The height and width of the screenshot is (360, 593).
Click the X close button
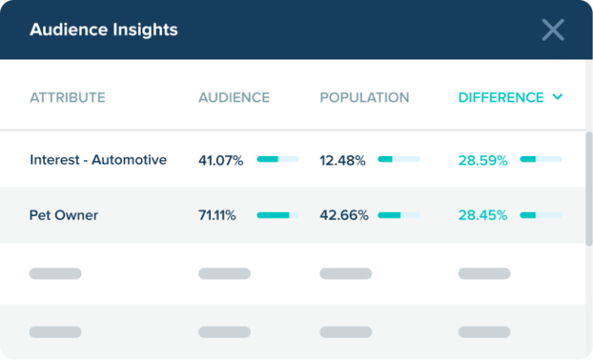(553, 30)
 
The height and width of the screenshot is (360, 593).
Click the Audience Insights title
(103, 30)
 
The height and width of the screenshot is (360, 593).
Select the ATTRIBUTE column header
(68, 97)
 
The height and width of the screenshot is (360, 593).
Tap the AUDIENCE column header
(234, 97)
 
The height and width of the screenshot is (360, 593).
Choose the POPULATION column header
(364, 97)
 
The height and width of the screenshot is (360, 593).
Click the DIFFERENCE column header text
(501, 97)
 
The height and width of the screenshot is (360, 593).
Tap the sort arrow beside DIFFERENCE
(557, 97)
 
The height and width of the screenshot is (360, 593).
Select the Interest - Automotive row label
(98, 159)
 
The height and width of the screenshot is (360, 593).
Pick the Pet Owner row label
(64, 215)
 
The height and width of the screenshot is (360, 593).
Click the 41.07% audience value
(220, 159)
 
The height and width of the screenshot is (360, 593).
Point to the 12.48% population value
(342, 159)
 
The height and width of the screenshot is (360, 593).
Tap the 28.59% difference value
(483, 159)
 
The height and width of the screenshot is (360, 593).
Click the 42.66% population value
(343, 215)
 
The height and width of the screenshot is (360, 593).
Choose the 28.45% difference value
(483, 215)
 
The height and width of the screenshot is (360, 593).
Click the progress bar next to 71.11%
(278, 215)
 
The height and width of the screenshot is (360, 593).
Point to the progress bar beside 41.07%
(278, 159)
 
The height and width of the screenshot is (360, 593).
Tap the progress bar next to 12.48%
(399, 159)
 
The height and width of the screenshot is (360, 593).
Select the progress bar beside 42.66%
(399, 215)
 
